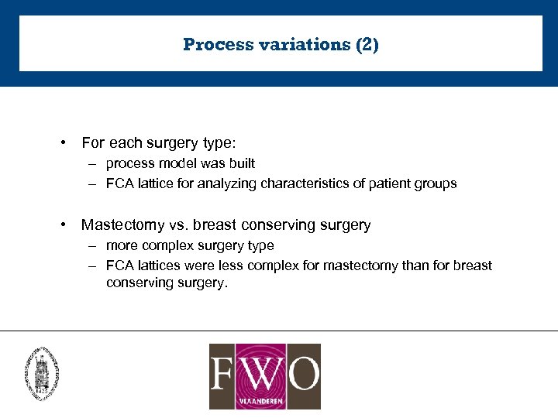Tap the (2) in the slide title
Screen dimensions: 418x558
tap(367, 44)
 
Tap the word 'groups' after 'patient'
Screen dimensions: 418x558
tap(437, 183)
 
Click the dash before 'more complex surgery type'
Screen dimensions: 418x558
tap(91, 245)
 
